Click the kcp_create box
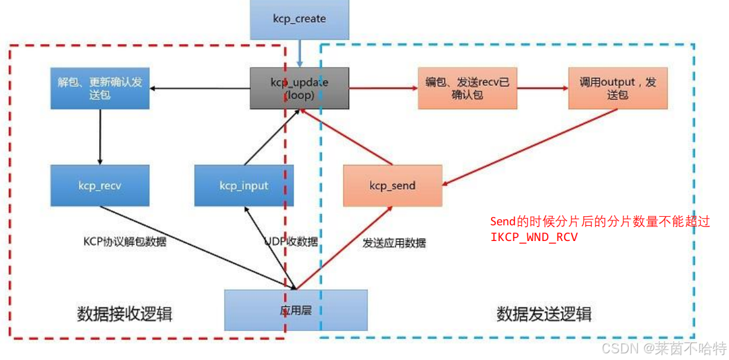tap(299, 19)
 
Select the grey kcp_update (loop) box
tap(299, 88)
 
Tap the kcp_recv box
tap(100, 185)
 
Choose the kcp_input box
tap(243, 185)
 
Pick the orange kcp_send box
tap(392, 185)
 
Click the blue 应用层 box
tap(295, 310)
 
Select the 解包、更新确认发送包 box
tap(100, 88)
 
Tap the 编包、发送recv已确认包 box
tap(467, 88)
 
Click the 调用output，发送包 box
tap(617, 88)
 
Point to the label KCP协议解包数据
tap(124, 242)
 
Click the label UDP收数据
tap(291, 242)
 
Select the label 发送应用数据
tap(394, 243)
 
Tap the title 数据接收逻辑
tap(124, 314)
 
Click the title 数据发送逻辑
tap(544, 314)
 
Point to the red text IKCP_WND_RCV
tap(534, 237)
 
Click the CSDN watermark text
tap(664, 349)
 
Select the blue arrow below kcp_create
tap(300, 54)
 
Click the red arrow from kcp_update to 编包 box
tap(383, 88)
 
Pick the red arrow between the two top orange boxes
tap(542, 88)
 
